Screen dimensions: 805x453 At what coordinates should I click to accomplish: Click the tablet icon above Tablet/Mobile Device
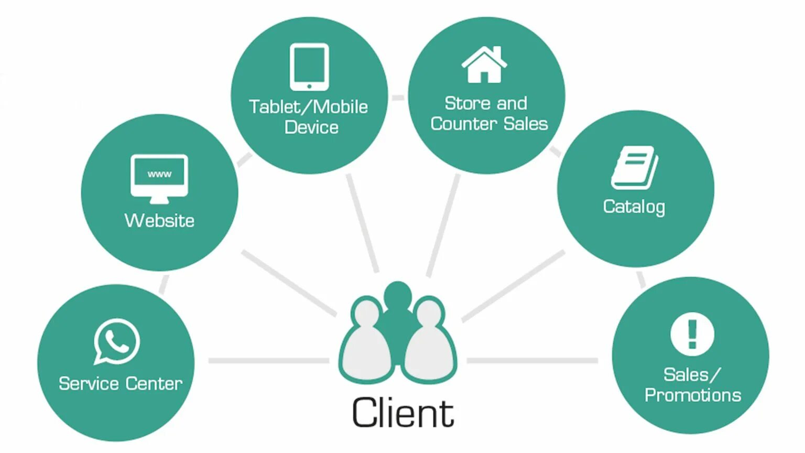point(309,67)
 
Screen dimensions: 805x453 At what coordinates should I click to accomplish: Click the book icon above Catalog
point(635,168)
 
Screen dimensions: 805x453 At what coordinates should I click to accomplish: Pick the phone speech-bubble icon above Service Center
point(117,341)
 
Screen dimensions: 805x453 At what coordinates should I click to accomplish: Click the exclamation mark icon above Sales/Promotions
point(692,334)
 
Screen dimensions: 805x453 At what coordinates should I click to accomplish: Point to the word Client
point(402,413)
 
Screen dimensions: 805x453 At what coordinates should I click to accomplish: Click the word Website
point(159,220)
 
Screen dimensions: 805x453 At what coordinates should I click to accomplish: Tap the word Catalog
point(634,207)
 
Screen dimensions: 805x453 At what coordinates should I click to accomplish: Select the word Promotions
point(692,395)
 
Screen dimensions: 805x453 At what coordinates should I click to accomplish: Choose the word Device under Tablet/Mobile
point(311,127)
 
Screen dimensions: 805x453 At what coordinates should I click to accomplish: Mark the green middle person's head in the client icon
point(397,295)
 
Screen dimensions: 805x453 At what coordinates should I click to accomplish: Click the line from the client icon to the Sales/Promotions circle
point(532,361)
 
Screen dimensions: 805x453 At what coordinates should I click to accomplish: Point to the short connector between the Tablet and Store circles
point(398,98)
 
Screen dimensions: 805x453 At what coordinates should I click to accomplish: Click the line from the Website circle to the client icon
point(288,283)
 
